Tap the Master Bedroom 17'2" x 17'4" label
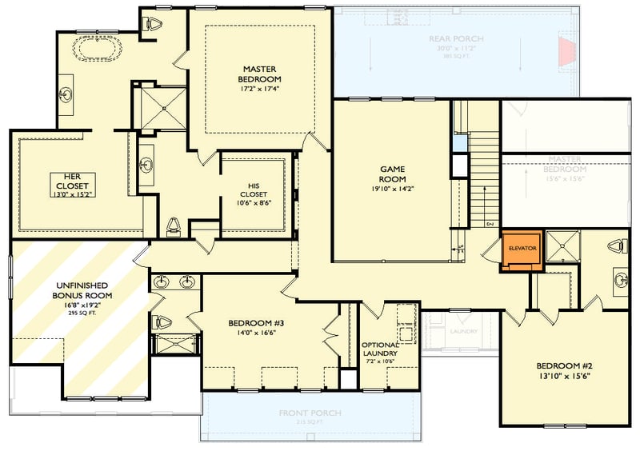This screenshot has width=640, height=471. pyautogui.click(x=259, y=74)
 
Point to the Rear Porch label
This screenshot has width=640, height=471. pyautogui.click(x=456, y=39)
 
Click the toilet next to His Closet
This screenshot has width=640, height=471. pyautogui.click(x=174, y=225)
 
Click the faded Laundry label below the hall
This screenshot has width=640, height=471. pyautogui.click(x=462, y=331)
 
